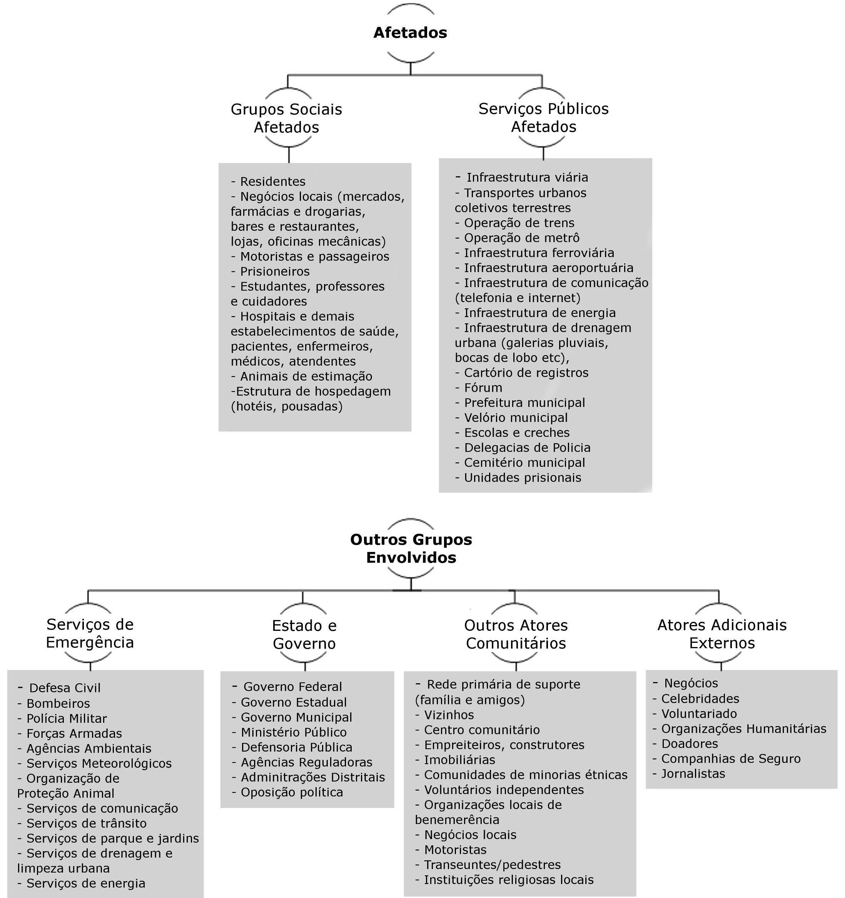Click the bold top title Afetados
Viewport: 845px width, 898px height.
tap(410, 32)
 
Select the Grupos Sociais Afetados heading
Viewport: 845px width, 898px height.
tap(286, 118)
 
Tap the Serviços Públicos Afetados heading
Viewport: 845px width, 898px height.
tap(543, 117)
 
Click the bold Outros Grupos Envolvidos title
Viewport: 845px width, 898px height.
tap(411, 548)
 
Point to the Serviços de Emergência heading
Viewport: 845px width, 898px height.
tap(90, 633)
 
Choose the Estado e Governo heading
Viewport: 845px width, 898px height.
tap(304, 635)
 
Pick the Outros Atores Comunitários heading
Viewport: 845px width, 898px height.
tap(516, 634)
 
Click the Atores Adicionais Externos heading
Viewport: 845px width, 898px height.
tap(722, 634)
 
